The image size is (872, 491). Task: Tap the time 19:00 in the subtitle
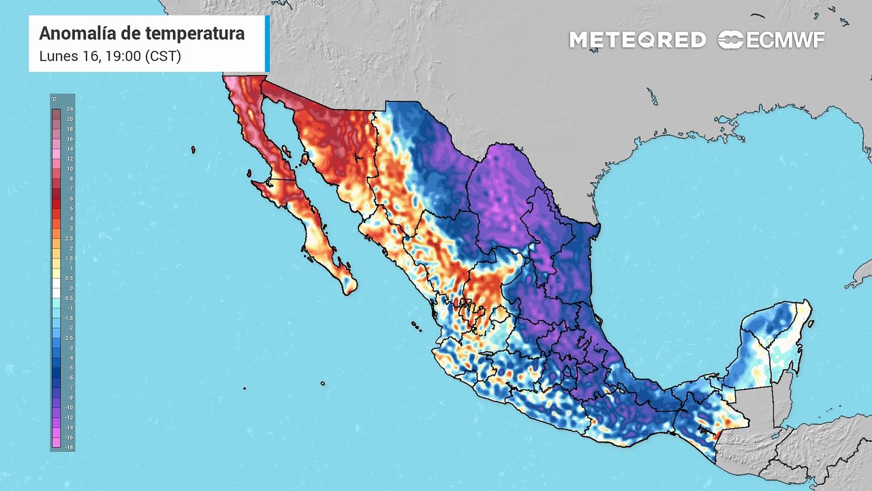121,57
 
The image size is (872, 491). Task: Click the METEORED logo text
637,40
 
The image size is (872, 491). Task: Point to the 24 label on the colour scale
69,109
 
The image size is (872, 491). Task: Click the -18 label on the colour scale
69,447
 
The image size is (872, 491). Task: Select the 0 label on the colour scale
69,288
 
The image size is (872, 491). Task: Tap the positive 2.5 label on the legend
69,239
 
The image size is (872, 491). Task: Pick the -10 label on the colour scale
69,407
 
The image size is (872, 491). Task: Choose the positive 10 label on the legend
69,168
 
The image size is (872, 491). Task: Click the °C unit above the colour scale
54,100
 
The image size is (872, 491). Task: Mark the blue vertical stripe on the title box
267,44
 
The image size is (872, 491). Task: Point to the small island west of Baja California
193,149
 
